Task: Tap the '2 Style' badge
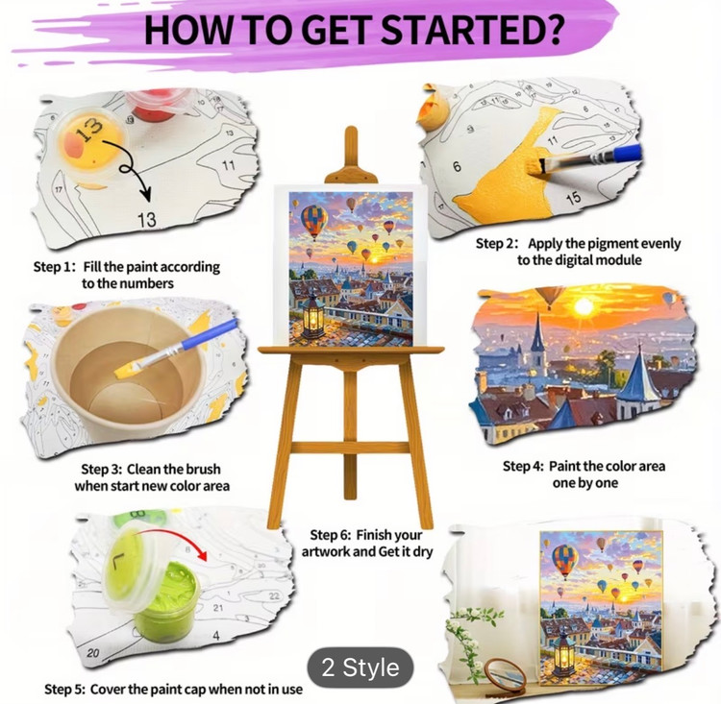360,668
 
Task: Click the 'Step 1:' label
54,267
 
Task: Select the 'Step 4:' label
523,467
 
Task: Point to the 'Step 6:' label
331,535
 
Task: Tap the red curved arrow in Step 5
172,542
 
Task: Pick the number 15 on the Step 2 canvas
573,199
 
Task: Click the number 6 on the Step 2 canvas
457,166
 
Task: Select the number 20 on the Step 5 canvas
93,652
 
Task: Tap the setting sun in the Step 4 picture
584,306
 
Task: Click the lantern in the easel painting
312,315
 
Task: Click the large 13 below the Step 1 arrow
147,220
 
